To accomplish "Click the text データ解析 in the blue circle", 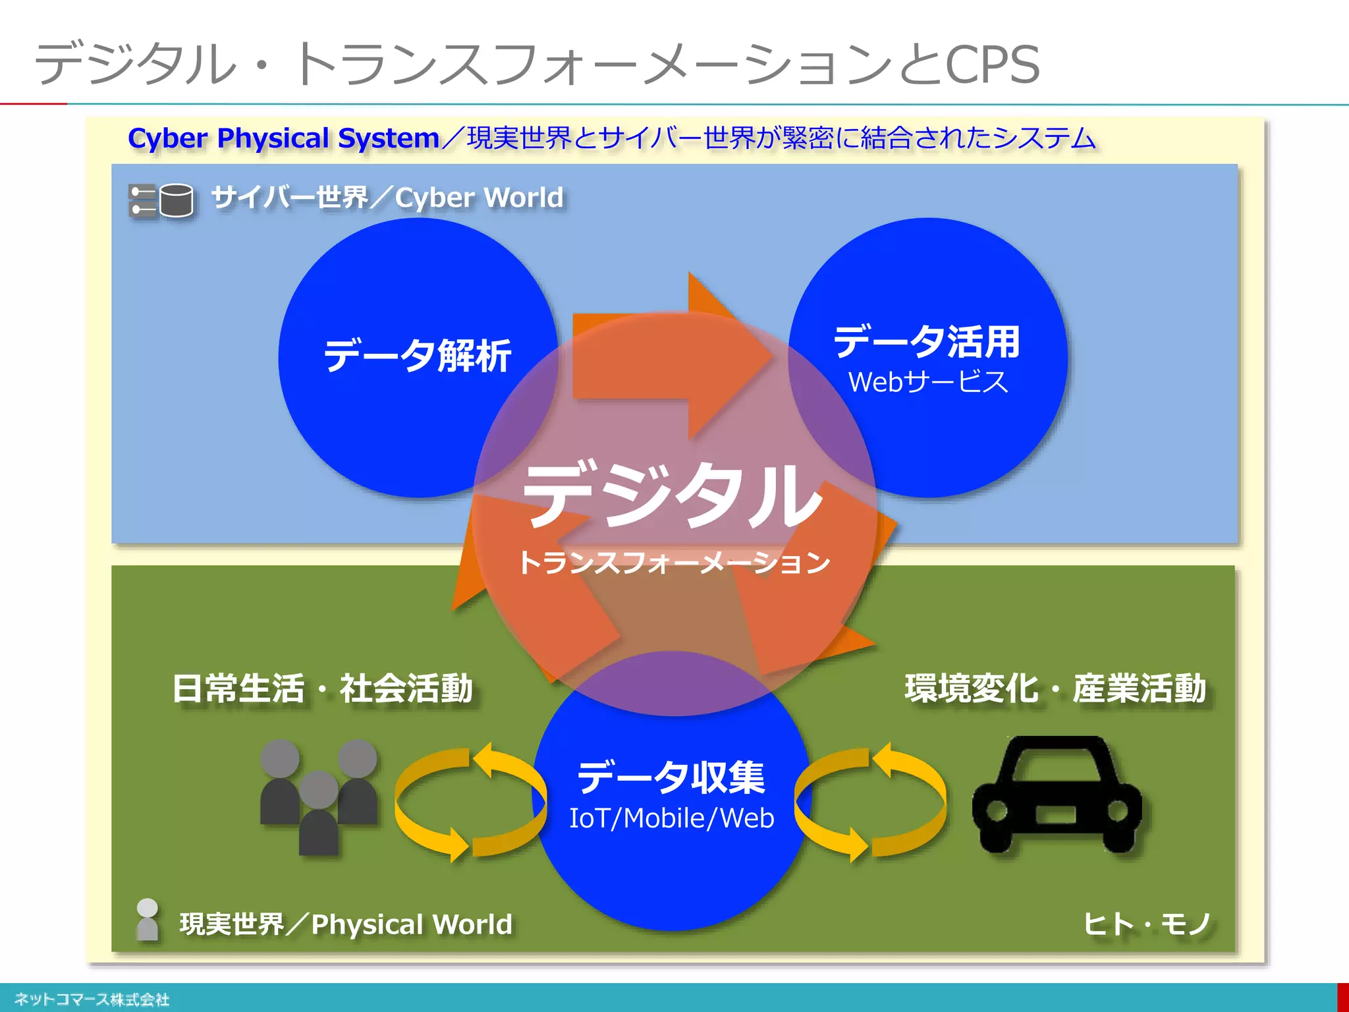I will click(x=418, y=356).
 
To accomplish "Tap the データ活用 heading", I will click(x=927, y=342).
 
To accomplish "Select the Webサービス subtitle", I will click(x=928, y=382).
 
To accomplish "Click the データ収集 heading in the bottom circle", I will click(x=671, y=777).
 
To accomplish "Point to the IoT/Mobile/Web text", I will click(x=671, y=818).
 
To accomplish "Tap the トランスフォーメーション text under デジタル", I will click(x=674, y=563).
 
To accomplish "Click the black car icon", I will click(x=1057, y=795).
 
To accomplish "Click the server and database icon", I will click(x=161, y=200).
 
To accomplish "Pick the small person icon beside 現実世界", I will click(x=147, y=919).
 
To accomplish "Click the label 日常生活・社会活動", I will click(x=322, y=689).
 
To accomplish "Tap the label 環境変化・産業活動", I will click(x=1055, y=689).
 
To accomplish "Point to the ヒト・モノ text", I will click(x=1146, y=924).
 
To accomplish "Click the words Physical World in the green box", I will click(x=412, y=924).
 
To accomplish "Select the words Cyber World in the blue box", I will click(x=480, y=198).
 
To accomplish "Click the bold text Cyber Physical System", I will click(x=283, y=138).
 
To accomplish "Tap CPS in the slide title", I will click(x=993, y=65).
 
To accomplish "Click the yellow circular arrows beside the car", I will click(x=870, y=802).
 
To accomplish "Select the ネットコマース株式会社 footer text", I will click(x=92, y=999).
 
